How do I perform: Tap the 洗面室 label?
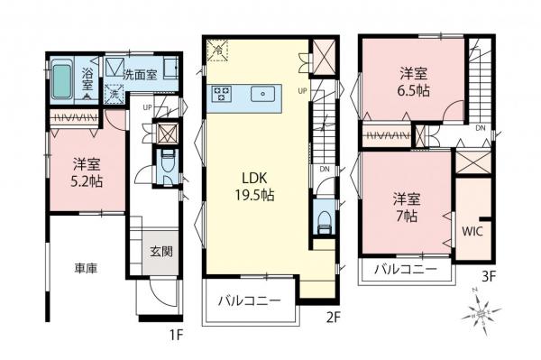[141, 75]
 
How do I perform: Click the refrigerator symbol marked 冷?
[217, 53]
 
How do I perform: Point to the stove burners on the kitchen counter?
[223, 93]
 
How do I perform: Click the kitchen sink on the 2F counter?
[264, 93]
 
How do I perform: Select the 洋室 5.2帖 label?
[86, 171]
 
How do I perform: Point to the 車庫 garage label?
[87, 268]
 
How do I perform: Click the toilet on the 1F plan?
[167, 164]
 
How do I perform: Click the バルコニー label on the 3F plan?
[405, 270]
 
